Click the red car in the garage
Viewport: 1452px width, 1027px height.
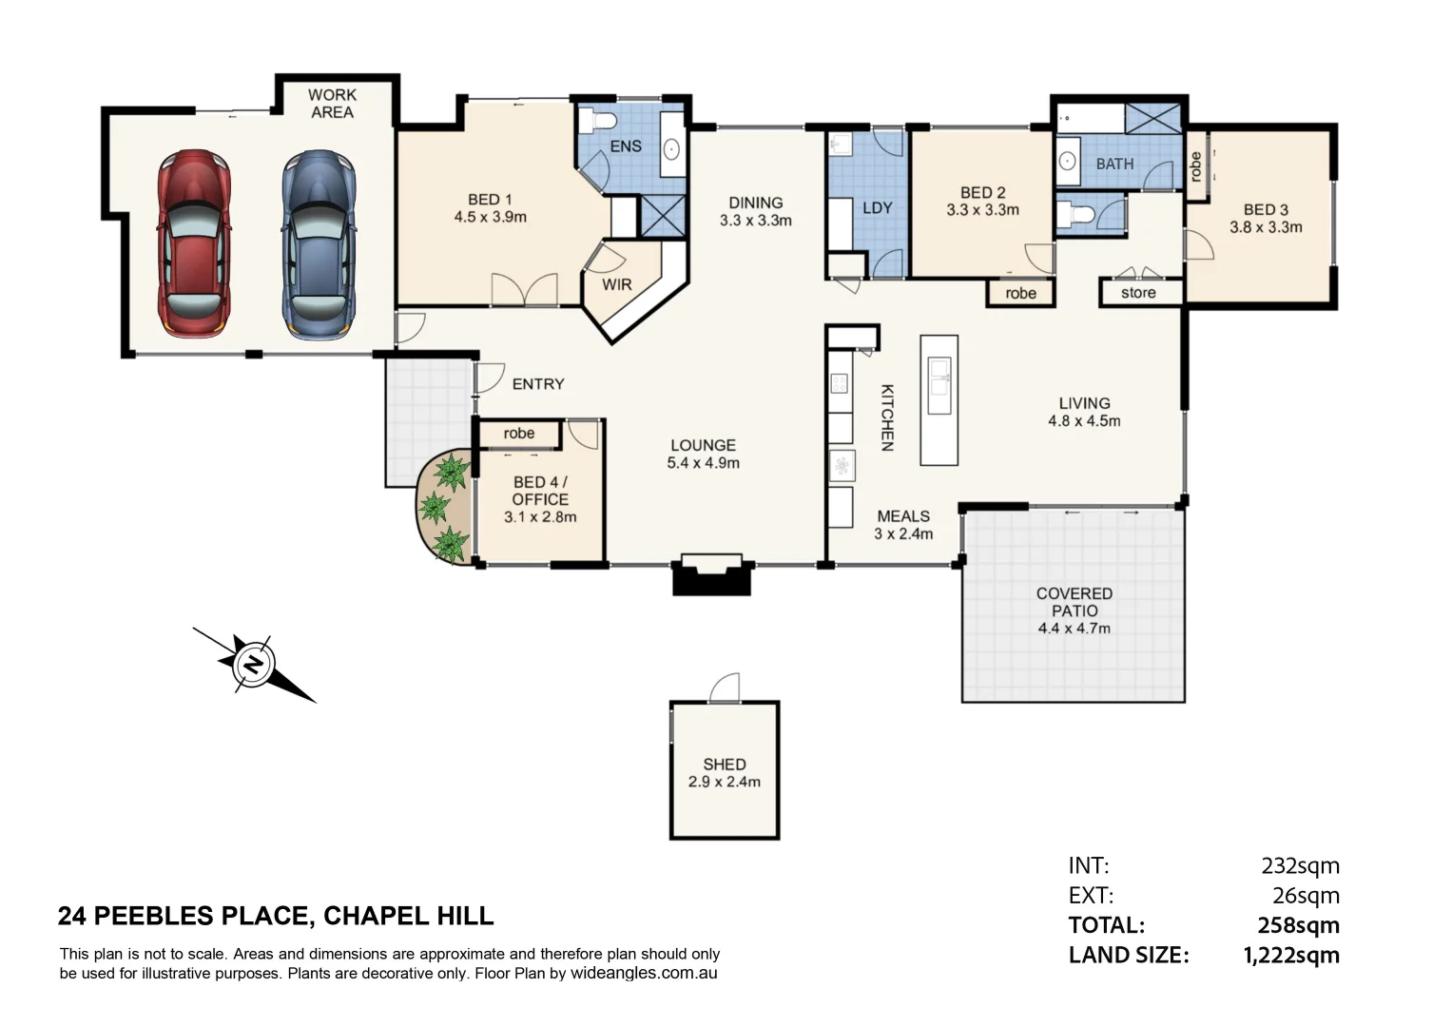194,243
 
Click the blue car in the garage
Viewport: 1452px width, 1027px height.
318,243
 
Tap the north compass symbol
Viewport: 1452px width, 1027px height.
253,663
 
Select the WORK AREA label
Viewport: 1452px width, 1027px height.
332,104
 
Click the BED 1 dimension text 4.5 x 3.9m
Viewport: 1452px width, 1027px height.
490,217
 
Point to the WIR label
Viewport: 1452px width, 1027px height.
616,284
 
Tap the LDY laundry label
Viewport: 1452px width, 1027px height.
877,207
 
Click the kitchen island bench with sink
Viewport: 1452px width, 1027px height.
939,399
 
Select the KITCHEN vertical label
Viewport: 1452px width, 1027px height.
886,417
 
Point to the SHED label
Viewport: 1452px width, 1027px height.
724,765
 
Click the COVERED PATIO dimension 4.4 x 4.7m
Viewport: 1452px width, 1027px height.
1074,629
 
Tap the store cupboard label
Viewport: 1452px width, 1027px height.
1138,293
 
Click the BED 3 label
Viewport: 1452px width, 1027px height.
1266,209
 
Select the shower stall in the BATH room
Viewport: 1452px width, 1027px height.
1152,119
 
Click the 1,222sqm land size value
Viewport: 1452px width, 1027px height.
1291,955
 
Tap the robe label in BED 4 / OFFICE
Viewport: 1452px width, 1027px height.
518,434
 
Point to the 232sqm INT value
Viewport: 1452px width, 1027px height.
1300,865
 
